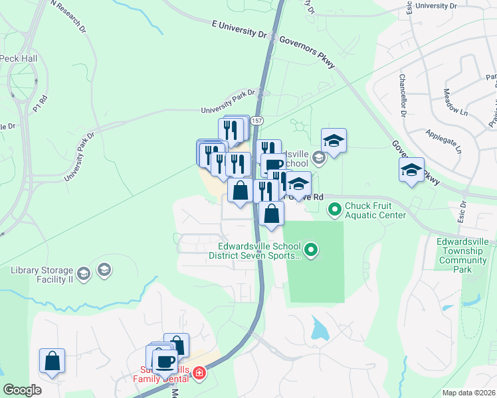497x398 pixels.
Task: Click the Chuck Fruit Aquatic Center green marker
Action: (334, 210)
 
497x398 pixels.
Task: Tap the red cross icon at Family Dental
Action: (198, 375)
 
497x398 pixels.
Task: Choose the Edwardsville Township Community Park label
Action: (463, 256)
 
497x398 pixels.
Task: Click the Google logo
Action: (22, 390)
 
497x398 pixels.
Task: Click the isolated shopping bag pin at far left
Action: (52, 361)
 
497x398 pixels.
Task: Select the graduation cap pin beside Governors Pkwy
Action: (412, 170)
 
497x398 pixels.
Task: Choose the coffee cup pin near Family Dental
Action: (165, 361)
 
